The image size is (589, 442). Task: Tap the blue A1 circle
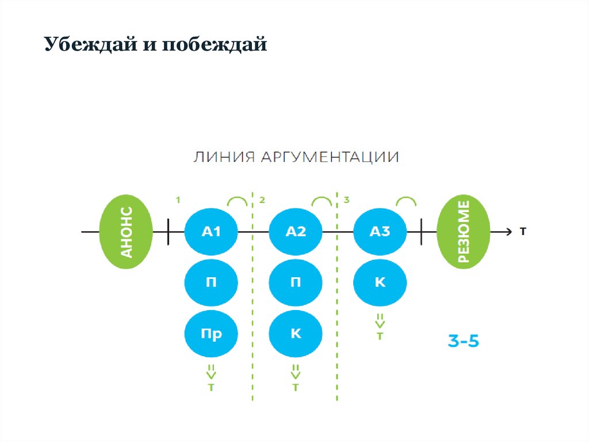(x=211, y=232)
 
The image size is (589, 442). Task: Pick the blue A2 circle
(x=296, y=232)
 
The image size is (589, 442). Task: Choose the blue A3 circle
(x=380, y=232)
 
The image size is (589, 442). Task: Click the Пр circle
(x=211, y=334)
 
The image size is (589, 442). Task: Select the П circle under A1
(x=211, y=282)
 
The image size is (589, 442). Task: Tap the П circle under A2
(x=296, y=282)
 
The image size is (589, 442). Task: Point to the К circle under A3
(x=380, y=282)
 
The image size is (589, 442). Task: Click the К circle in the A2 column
(x=296, y=334)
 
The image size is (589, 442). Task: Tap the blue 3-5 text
(x=464, y=341)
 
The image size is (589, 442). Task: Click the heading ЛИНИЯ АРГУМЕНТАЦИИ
(x=296, y=157)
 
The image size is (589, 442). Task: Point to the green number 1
(x=178, y=200)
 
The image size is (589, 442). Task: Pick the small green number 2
(x=262, y=200)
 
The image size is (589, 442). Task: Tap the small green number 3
(x=346, y=200)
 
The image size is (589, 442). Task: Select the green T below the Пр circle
(x=211, y=388)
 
